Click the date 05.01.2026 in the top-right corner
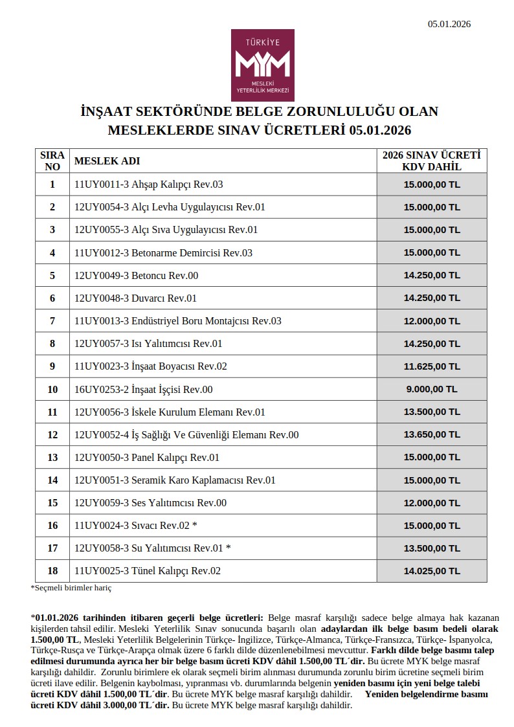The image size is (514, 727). coord(449,24)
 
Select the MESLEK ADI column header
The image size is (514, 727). coord(107,161)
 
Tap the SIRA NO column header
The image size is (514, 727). coord(52,161)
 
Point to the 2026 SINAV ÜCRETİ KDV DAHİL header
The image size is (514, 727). coord(431,161)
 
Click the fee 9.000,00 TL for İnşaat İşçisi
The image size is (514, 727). coord(431,389)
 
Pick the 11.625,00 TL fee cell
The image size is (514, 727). coord(431,366)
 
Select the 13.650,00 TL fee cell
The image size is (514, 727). coord(431,435)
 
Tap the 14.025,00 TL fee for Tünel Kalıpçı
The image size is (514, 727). coord(431,571)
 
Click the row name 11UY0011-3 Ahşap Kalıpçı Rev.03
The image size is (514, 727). coord(149,185)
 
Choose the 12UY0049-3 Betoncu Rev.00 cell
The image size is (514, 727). coord(137,276)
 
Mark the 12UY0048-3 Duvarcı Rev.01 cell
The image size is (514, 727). coord(136,298)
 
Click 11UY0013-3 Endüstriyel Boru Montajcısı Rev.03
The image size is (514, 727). coord(178,321)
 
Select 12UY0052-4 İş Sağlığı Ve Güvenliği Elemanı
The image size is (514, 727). coord(186,435)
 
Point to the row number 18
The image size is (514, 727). coord(52,571)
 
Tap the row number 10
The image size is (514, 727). coord(52,389)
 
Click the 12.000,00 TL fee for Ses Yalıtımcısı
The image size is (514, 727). coord(431,503)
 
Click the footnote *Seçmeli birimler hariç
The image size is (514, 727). coord(71,588)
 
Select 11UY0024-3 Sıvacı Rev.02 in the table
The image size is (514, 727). coord(139,526)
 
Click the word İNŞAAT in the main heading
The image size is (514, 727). coord(106,111)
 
